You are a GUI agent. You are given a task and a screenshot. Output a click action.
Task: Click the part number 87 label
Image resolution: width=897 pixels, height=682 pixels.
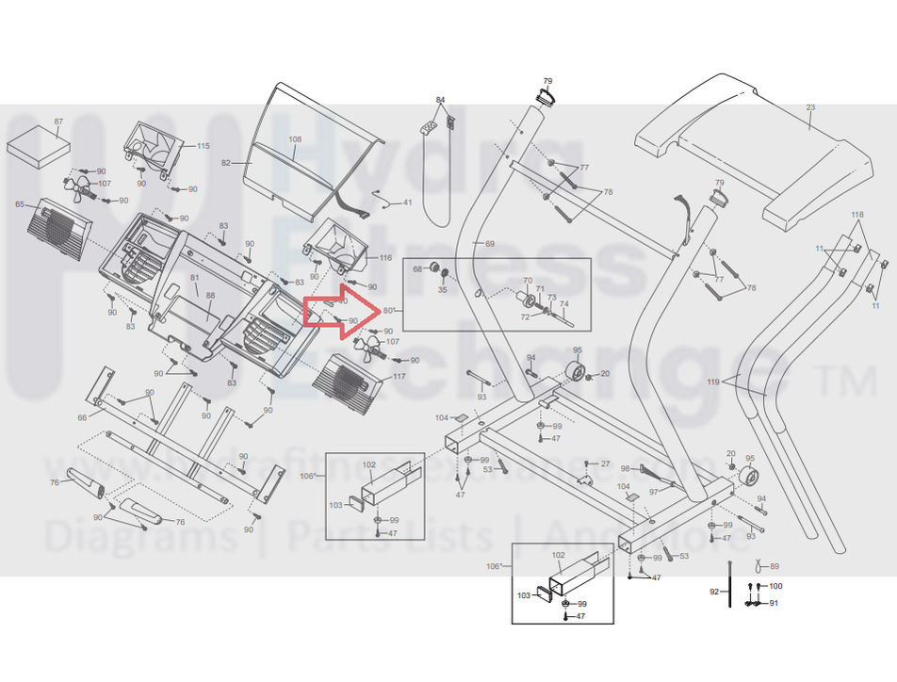(x=58, y=122)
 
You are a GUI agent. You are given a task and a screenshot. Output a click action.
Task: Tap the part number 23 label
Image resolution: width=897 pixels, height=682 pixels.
(x=810, y=109)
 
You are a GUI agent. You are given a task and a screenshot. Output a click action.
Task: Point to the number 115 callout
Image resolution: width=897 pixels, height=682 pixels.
(x=204, y=146)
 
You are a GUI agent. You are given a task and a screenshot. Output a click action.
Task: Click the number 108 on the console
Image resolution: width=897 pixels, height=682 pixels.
(x=295, y=139)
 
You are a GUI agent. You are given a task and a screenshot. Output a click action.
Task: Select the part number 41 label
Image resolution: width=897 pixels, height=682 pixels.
(x=407, y=203)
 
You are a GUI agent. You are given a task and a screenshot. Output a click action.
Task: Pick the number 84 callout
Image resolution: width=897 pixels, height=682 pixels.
(x=439, y=100)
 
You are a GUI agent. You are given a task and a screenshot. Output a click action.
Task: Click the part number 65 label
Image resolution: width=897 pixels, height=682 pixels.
(x=20, y=204)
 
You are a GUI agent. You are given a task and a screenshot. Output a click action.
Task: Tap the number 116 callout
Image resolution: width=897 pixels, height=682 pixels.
(x=385, y=257)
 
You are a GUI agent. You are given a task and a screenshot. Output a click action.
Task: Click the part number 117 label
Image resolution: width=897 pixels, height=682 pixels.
(x=400, y=377)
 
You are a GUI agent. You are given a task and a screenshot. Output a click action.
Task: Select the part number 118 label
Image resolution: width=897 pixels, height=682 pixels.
(x=856, y=216)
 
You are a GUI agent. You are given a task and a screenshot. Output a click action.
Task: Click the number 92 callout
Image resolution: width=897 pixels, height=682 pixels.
(x=714, y=592)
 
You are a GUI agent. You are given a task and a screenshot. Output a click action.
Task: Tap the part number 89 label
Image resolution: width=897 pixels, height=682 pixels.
(x=775, y=566)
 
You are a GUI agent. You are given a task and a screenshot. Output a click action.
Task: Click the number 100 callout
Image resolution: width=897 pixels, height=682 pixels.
(x=775, y=586)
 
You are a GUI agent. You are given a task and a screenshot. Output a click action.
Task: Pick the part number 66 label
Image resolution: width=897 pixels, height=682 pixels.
(x=82, y=417)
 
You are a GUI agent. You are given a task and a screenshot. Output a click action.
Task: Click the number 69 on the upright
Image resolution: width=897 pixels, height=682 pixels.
(x=489, y=244)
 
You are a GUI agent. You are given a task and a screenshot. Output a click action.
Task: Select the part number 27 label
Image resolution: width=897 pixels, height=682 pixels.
(x=605, y=463)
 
